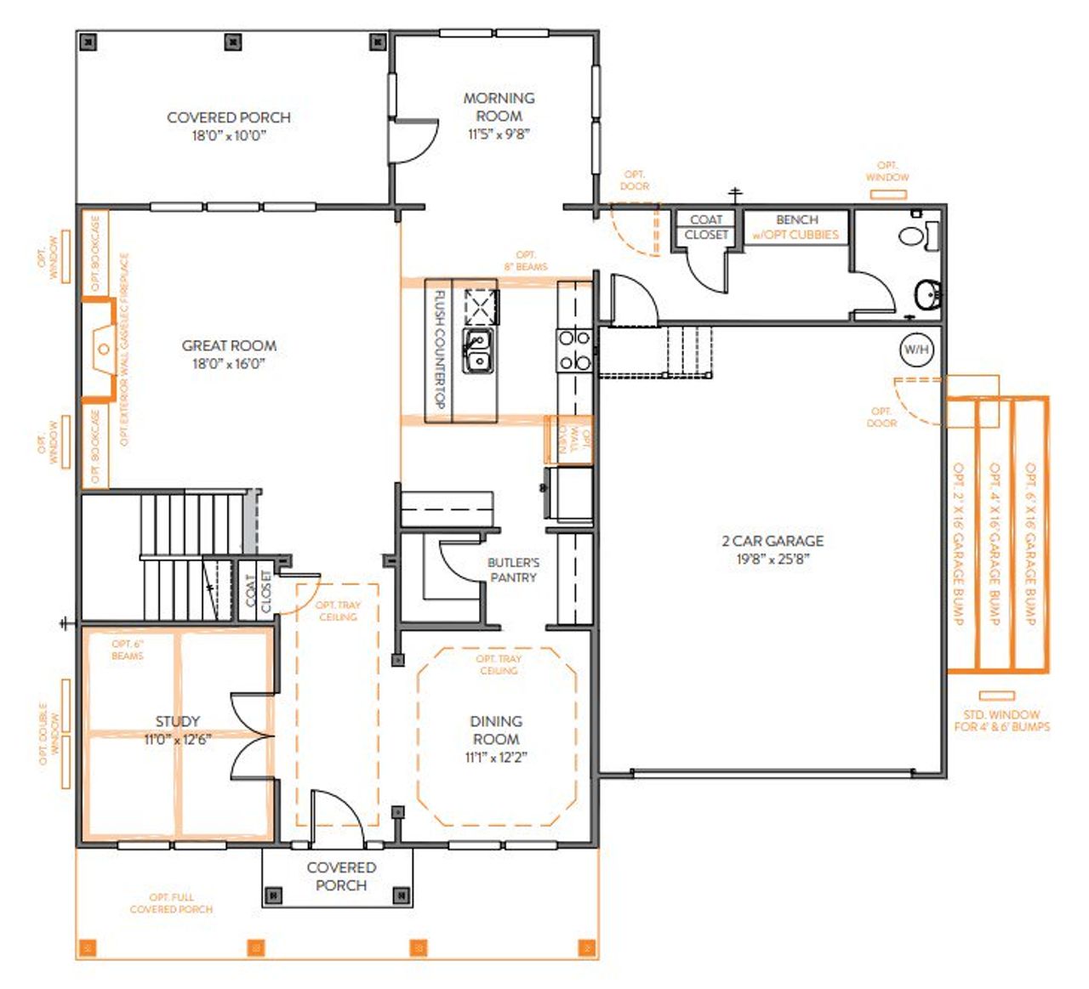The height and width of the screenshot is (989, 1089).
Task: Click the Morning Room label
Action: point(499,106)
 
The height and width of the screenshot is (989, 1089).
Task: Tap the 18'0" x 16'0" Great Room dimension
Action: point(228,364)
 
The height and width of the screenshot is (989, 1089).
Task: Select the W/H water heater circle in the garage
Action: point(916,349)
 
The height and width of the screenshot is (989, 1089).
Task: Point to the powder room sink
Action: point(927,296)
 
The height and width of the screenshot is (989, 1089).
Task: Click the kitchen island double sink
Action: point(478,351)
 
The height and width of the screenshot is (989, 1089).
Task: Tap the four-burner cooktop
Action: point(574,350)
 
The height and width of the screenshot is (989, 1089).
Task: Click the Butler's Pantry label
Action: point(513,570)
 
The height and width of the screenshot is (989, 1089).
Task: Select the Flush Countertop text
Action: point(440,350)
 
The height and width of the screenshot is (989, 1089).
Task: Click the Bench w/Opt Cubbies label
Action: point(796,227)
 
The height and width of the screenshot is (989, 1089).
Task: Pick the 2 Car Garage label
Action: point(773,541)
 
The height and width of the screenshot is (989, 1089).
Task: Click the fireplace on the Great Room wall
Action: point(102,349)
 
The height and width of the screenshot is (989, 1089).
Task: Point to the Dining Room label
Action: point(496,730)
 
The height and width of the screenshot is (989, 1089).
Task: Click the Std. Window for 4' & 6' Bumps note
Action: point(1001,720)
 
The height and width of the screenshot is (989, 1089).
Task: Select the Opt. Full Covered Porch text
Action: point(171,903)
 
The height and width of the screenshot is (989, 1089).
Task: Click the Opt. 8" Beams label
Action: point(526,260)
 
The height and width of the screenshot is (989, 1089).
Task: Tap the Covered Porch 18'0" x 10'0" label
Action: point(228,125)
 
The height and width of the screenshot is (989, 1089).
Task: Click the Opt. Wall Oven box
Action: point(568,440)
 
